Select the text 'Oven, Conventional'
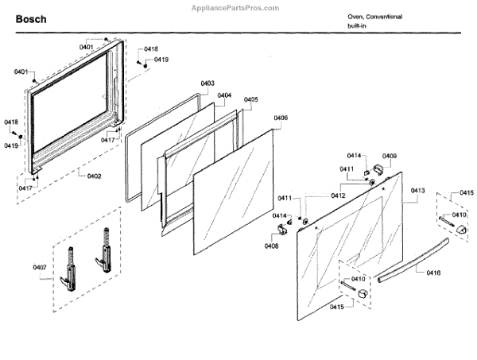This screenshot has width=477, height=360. pos(374,17)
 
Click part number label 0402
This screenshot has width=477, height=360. pos(94,176)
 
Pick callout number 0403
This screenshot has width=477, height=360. pos(207,83)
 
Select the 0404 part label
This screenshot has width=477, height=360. pos(224,95)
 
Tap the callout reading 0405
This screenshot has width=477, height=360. pos(251,99)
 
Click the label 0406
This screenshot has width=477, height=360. pos(281,118)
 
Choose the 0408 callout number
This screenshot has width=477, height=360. pos(272,246)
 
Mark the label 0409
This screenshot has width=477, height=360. pos(390,156)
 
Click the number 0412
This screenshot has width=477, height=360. pos(339,195)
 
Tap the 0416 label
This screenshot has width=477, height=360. pos(433,273)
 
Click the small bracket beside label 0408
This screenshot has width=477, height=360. pos(280,230)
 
